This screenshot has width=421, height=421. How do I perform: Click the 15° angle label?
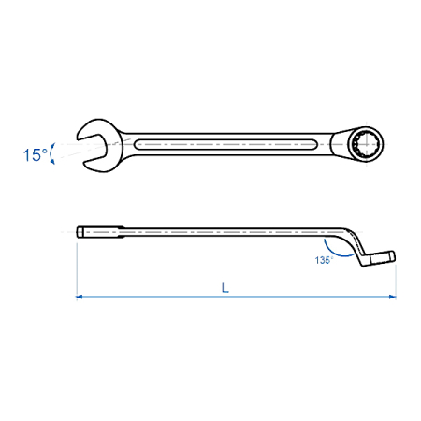(x=36, y=155)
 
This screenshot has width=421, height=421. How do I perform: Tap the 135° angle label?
(x=324, y=260)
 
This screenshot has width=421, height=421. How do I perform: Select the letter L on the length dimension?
(x=225, y=287)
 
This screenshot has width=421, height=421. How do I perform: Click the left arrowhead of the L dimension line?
(x=80, y=297)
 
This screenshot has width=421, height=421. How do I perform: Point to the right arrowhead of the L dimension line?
(x=393, y=297)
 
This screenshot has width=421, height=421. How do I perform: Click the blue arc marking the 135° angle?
(x=335, y=254)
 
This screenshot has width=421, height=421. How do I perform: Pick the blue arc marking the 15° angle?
(x=51, y=153)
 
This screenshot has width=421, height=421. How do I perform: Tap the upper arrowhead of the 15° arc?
(x=53, y=146)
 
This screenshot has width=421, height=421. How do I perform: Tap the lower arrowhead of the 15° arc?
(x=53, y=162)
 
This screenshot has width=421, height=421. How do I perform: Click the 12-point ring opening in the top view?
(x=366, y=144)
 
